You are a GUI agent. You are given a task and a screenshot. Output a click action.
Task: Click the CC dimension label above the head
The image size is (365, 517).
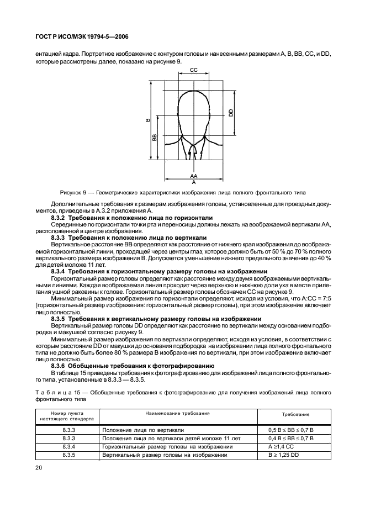[193, 71]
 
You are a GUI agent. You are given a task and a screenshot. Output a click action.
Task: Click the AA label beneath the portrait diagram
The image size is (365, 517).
[193, 175]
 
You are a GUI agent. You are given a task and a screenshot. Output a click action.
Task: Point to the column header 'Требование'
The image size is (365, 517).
[295, 414]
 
